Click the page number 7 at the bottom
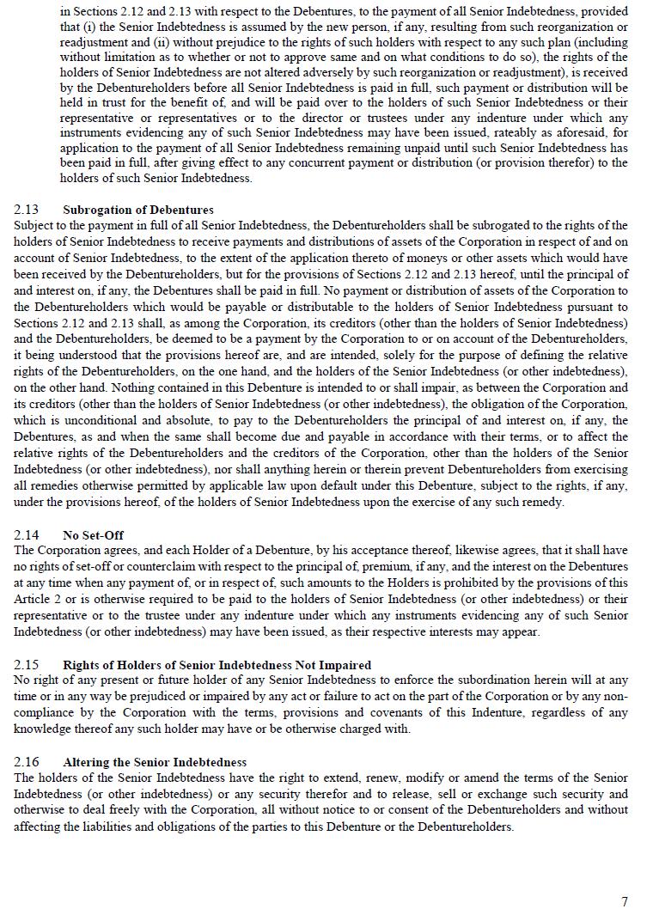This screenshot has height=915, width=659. [625, 901]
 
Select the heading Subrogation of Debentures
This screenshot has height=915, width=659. [137, 210]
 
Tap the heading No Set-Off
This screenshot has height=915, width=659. [93, 534]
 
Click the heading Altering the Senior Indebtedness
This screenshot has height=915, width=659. [155, 762]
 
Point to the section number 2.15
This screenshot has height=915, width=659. [26, 665]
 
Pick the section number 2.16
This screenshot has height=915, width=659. [26, 762]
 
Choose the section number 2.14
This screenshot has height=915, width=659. [26, 534]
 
